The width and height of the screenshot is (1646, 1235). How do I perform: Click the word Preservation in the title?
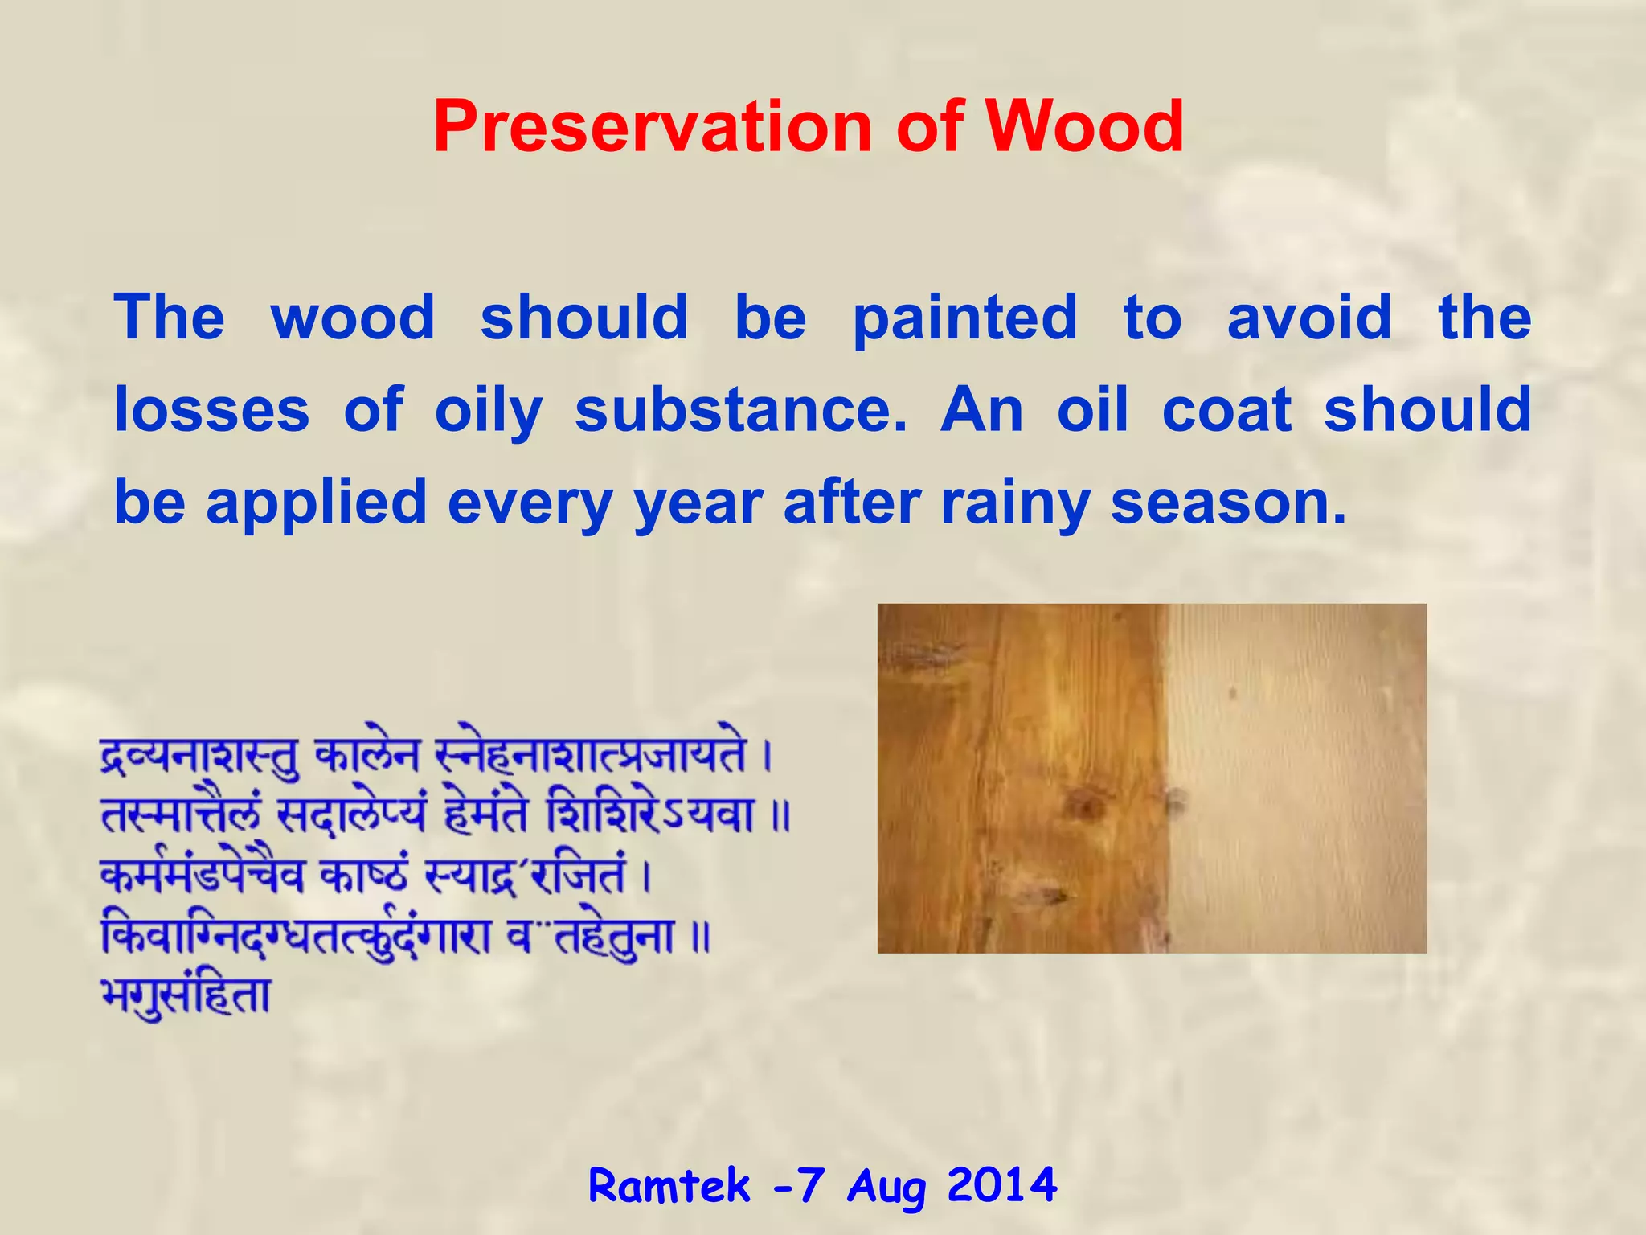click(651, 127)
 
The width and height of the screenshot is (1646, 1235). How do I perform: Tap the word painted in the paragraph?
click(964, 318)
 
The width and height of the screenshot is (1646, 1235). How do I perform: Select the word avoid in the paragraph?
click(1309, 317)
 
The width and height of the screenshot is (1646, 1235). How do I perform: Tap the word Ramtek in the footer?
click(669, 1186)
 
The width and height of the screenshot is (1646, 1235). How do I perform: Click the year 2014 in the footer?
click(1001, 1186)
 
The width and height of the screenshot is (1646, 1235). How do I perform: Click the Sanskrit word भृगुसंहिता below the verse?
click(186, 996)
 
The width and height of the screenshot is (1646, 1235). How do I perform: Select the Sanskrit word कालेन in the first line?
click(367, 757)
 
